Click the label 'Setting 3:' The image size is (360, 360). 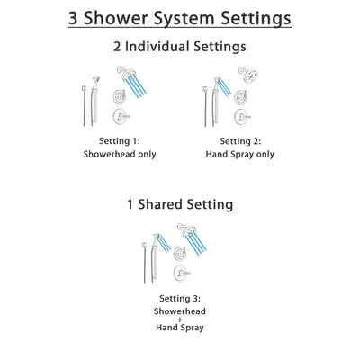pyautogui.click(x=181, y=298)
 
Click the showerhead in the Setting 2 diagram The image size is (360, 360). pyautogui.click(x=246, y=76)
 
